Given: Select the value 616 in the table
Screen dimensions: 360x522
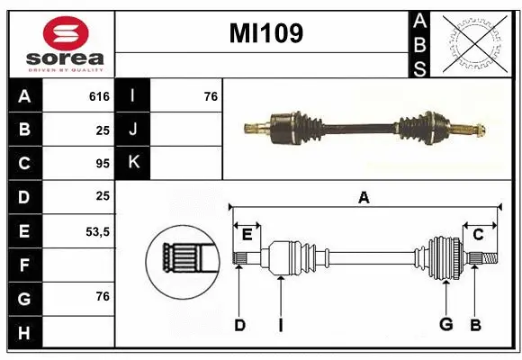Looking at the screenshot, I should [99, 96].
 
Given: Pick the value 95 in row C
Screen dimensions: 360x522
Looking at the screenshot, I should [102, 163].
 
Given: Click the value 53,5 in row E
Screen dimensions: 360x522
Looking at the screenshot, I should [97, 231].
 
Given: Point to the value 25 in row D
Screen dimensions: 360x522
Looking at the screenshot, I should [102, 196].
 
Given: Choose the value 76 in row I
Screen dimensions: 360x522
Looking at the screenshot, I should [211, 96].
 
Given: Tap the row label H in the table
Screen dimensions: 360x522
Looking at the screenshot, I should [24, 333].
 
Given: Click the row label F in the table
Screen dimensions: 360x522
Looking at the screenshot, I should [24, 265].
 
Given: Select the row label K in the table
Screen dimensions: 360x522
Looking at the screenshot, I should [133, 163].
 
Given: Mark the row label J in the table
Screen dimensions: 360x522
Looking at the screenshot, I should [133, 130].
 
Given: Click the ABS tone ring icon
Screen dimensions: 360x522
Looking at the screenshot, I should [477, 42].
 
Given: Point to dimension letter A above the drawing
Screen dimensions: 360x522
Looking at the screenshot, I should [364, 197].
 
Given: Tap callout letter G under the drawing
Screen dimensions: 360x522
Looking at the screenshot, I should [445, 325].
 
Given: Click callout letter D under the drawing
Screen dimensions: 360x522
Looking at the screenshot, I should [239, 325].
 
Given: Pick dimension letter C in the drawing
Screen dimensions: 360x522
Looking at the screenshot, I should [478, 234].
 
